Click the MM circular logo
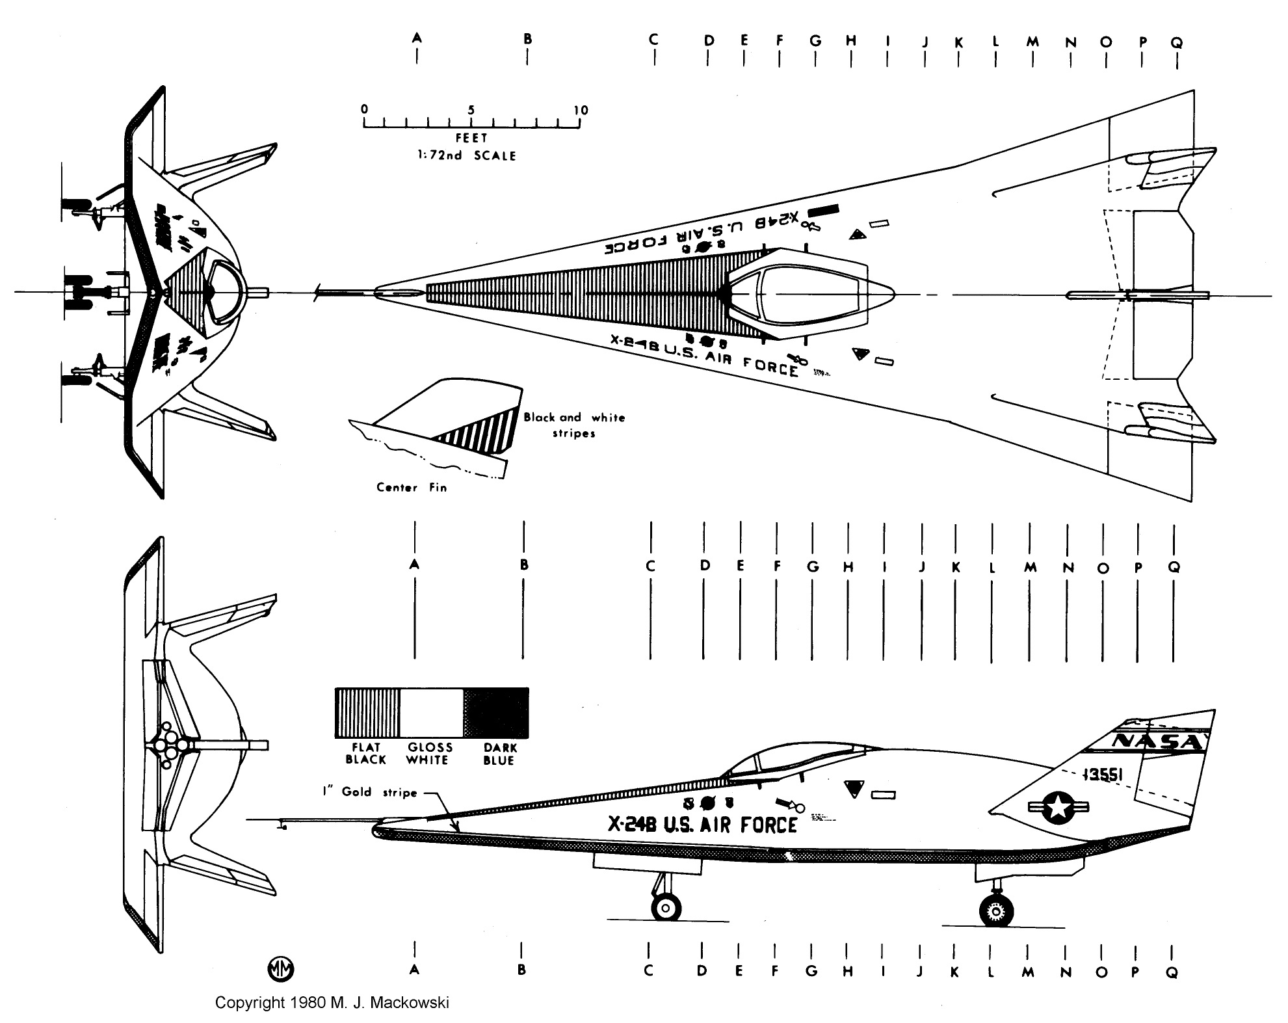tap(281, 968)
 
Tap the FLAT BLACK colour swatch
tap(367, 712)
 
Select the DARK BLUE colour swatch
tap(497, 712)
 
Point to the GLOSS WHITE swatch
tap(431, 712)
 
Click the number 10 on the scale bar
tap(581, 110)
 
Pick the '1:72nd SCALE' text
tap(466, 156)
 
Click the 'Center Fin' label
tap(412, 487)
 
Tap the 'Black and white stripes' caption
tap(574, 425)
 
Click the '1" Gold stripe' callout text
tap(369, 791)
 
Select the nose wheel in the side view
tap(666, 907)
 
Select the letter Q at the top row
tap(1177, 43)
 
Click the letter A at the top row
tap(417, 38)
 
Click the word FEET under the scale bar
tap(471, 139)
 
